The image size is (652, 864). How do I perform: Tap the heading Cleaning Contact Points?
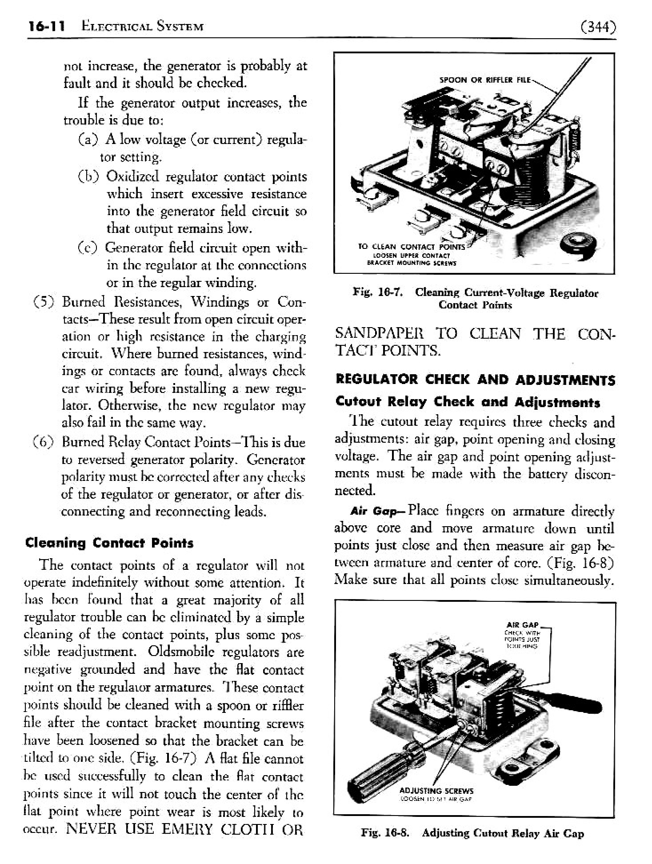pos(109,543)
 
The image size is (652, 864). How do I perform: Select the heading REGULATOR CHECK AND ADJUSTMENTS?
pos(475,380)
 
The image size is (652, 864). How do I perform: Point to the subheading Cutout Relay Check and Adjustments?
pos(468,402)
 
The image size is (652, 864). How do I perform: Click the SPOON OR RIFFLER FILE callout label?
pos(484,80)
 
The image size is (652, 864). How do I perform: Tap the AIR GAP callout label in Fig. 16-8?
pos(525,625)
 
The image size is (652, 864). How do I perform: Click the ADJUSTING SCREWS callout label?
pos(436,791)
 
